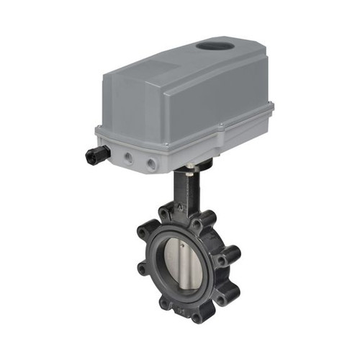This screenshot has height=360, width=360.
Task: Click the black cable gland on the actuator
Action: tap(96, 153)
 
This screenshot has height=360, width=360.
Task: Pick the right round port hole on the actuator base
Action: tap(152, 164)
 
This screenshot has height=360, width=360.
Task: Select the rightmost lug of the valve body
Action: tap(233, 254)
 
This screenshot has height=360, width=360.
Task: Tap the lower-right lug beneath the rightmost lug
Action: tap(227, 291)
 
